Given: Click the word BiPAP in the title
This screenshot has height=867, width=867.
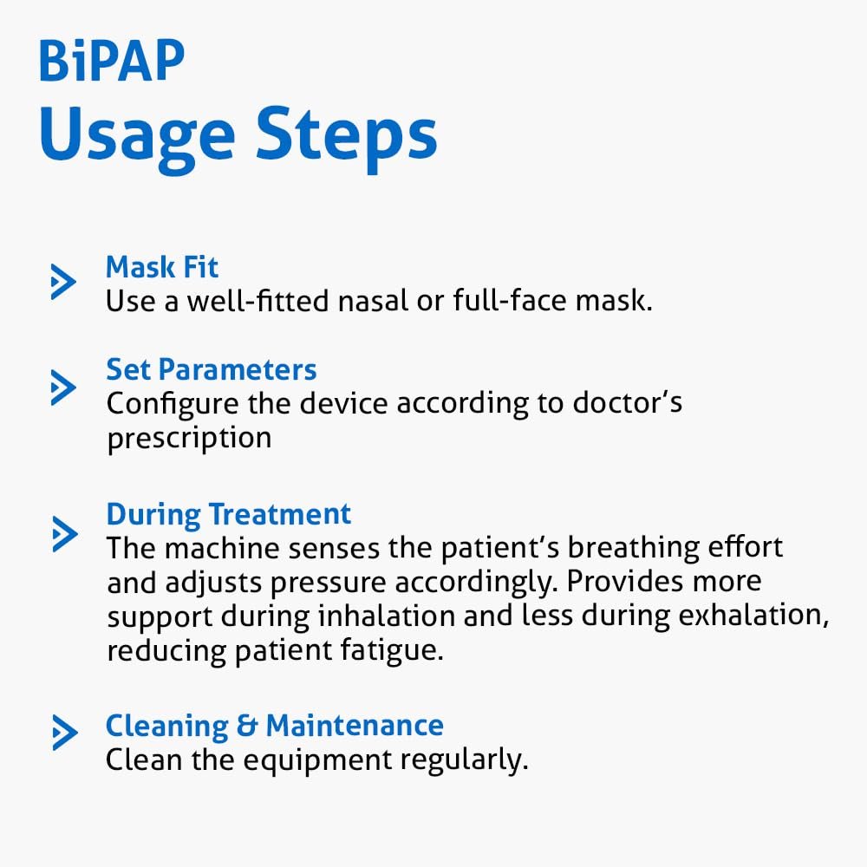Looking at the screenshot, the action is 112,61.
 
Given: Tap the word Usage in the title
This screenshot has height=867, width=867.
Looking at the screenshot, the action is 138,138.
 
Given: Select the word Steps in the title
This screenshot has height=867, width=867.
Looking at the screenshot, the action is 347,137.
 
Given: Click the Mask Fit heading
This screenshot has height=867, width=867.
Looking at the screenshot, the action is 162,267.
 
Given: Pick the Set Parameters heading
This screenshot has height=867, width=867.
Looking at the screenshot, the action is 212,369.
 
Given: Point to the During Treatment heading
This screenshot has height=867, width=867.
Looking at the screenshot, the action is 228,515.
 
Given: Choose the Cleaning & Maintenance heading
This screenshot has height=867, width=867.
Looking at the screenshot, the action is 274,726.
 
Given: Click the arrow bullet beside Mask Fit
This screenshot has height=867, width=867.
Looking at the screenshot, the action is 63,282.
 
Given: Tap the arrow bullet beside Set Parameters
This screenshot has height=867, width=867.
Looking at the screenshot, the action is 63,387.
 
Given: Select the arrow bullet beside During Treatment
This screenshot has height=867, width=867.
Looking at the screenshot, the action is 65,533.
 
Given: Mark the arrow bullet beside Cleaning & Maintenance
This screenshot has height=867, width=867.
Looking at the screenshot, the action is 65,732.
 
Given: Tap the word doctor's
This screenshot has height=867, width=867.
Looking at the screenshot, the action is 628,402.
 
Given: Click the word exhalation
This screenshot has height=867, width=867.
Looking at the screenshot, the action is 753,616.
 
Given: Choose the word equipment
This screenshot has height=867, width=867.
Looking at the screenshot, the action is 318,761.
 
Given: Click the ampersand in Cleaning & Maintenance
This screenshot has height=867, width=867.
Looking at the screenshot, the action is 247,726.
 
